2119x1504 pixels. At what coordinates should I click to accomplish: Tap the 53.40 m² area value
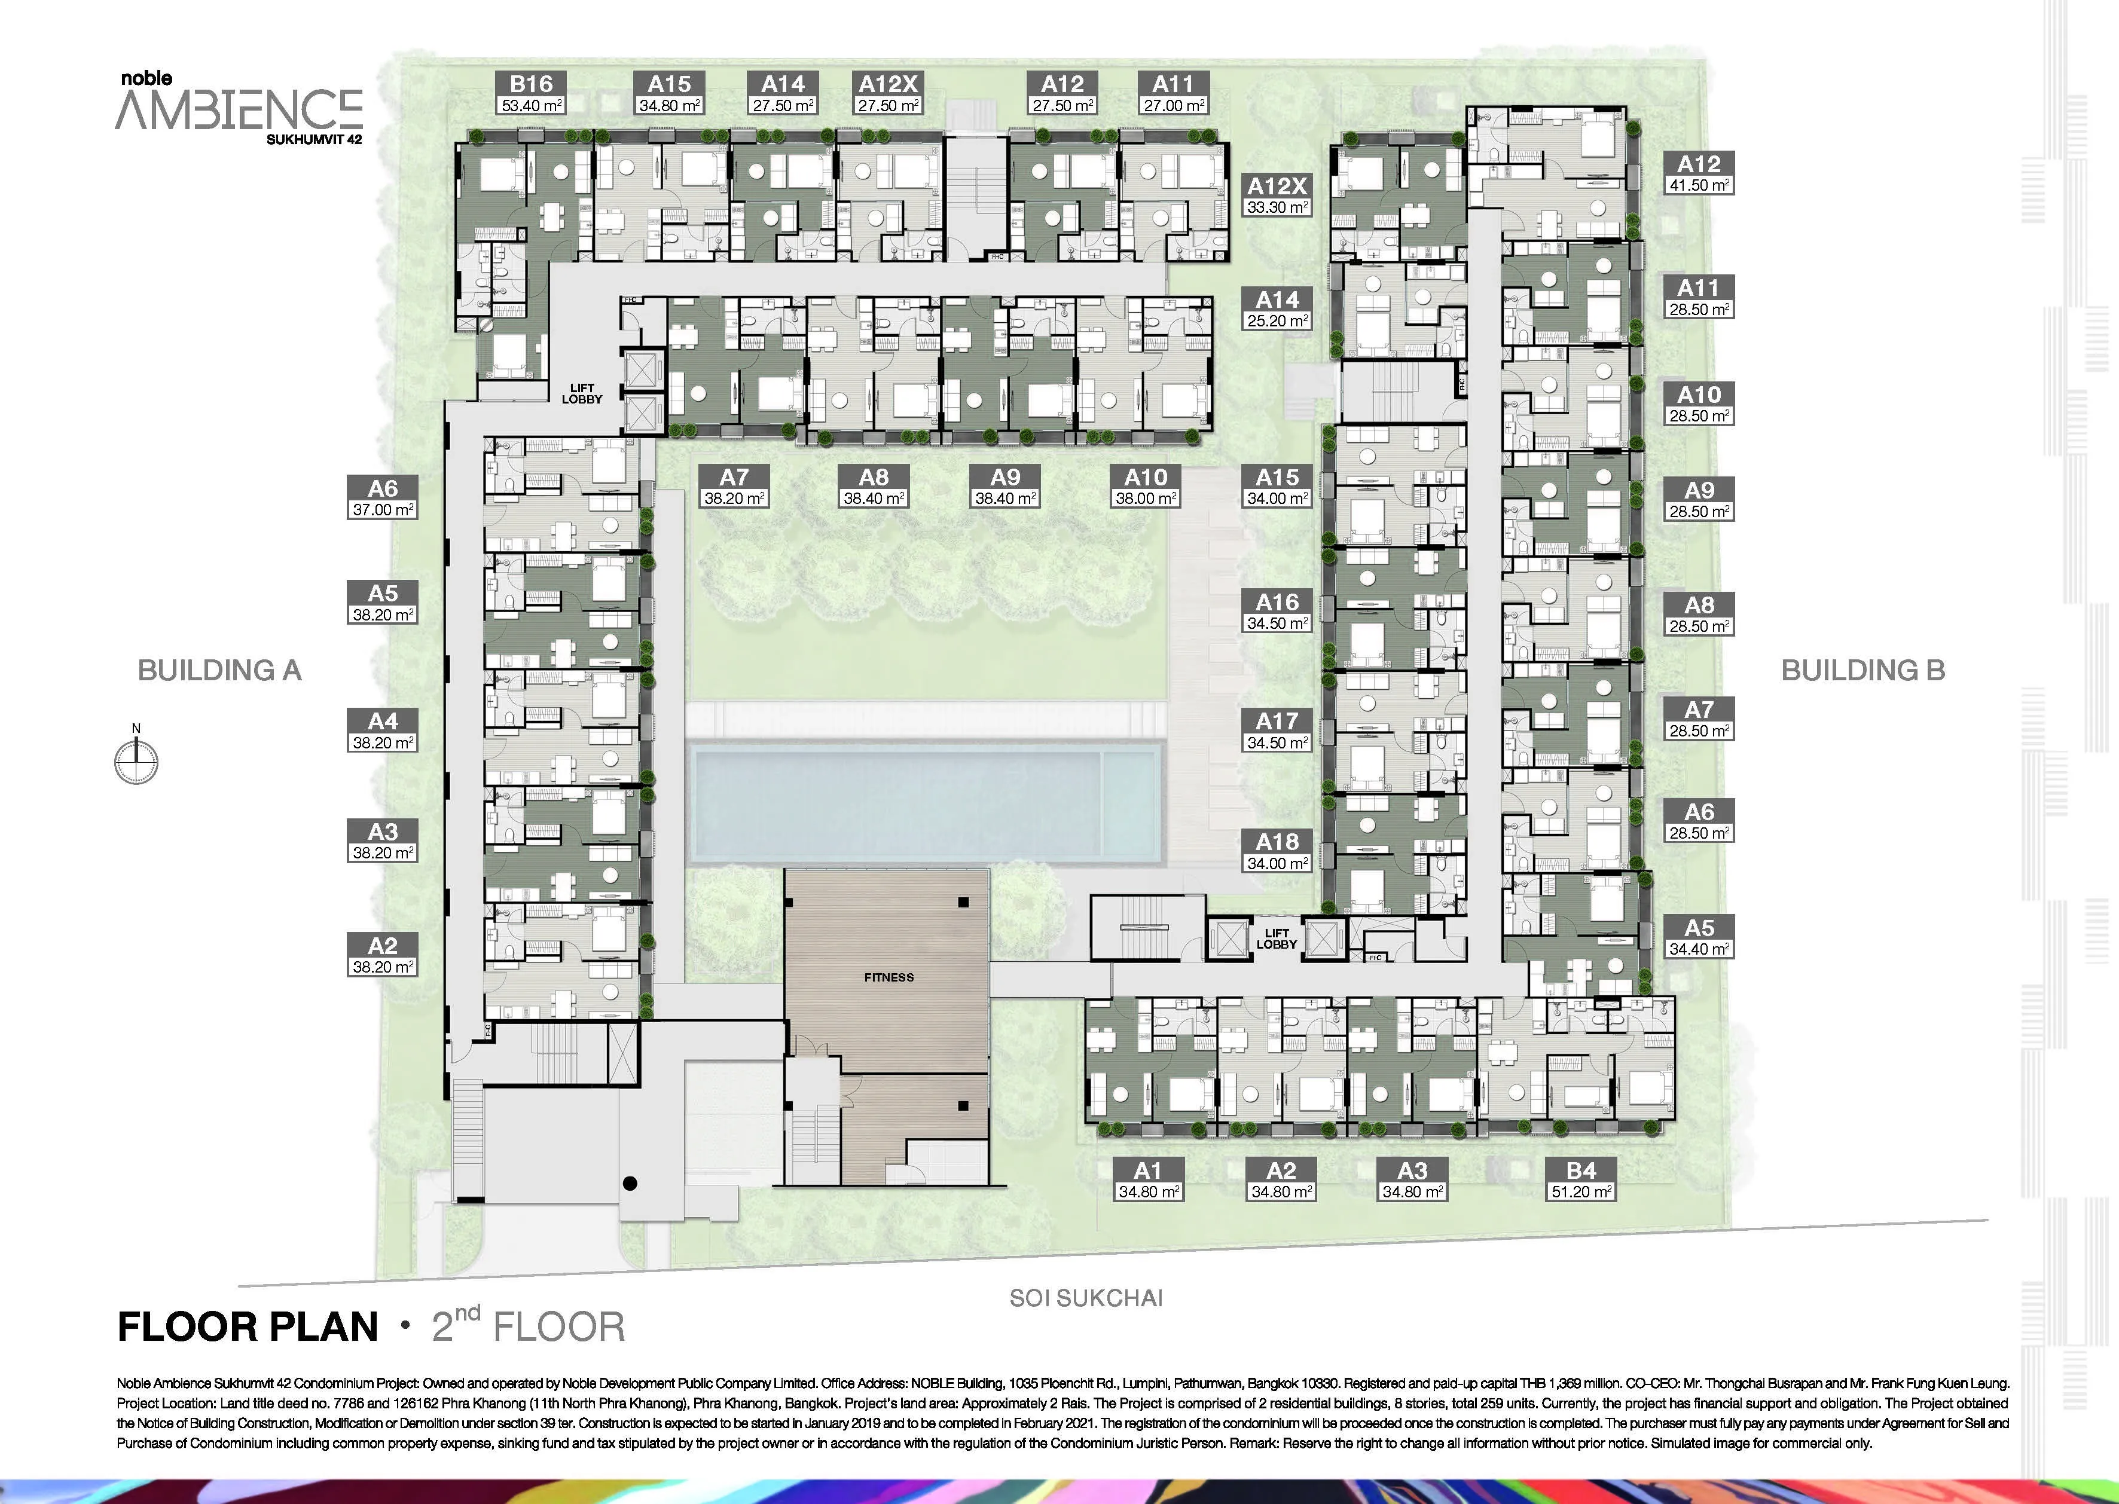(x=532, y=106)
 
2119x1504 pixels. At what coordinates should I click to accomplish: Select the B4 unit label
(x=1582, y=1170)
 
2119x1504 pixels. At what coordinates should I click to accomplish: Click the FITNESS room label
(x=889, y=977)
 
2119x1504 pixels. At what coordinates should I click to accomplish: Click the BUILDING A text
(x=219, y=671)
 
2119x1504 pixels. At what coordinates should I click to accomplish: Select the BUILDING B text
(x=1862, y=671)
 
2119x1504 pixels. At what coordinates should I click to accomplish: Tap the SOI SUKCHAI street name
(x=1085, y=1298)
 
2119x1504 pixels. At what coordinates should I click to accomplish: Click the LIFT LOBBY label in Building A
(x=582, y=393)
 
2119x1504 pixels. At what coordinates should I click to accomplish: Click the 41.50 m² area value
(x=1699, y=185)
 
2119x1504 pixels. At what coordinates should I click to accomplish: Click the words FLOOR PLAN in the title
(x=248, y=1327)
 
